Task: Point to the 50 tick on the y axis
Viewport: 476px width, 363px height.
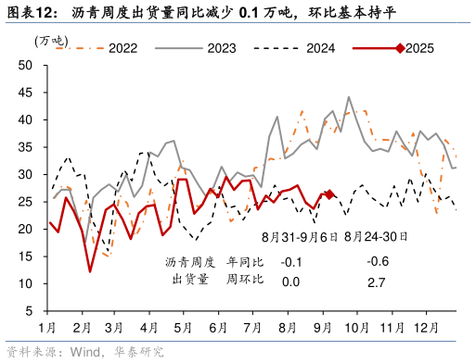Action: [x=25, y=66]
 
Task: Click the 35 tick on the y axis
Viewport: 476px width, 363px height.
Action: [x=25, y=147]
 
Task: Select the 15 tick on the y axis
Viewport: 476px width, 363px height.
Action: [x=25, y=257]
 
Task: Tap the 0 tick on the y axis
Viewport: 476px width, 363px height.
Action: [x=29, y=311]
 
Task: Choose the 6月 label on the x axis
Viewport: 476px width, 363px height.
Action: [x=219, y=327]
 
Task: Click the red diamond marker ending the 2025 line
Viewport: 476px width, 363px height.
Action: [x=329, y=194]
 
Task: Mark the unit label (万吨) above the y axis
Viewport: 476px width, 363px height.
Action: [x=51, y=41]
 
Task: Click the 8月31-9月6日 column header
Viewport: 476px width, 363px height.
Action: [x=299, y=237]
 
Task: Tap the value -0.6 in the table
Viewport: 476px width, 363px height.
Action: [x=377, y=261]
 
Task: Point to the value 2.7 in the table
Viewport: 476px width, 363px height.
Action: [x=377, y=282]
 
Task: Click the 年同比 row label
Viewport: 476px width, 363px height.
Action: [x=246, y=261]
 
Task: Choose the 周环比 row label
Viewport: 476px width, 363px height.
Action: [x=246, y=280]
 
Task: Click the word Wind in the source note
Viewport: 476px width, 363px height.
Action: [x=87, y=352]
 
